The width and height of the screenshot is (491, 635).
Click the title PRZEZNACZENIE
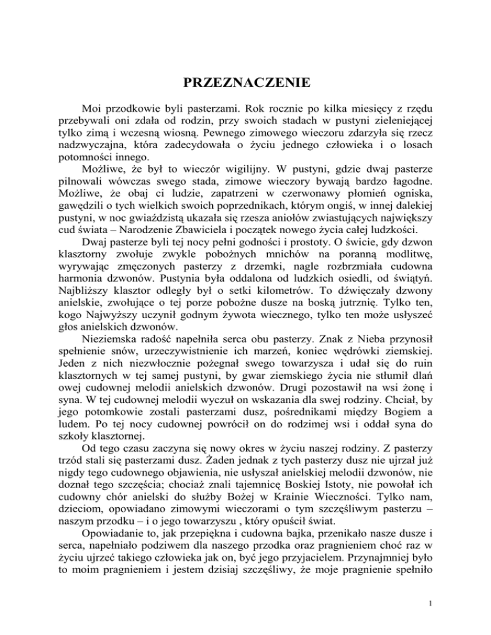click(245, 82)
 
